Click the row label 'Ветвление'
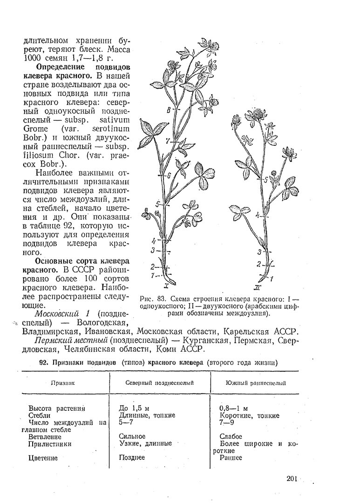tap(45, 437)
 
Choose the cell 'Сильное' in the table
tap(132, 436)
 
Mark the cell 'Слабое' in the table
tap(231, 436)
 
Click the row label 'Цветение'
tap(43, 458)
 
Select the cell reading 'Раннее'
tap(231, 457)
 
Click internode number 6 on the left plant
tap(169, 176)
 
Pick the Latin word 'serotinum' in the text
tap(109, 128)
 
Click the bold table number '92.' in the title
tap(45, 362)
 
